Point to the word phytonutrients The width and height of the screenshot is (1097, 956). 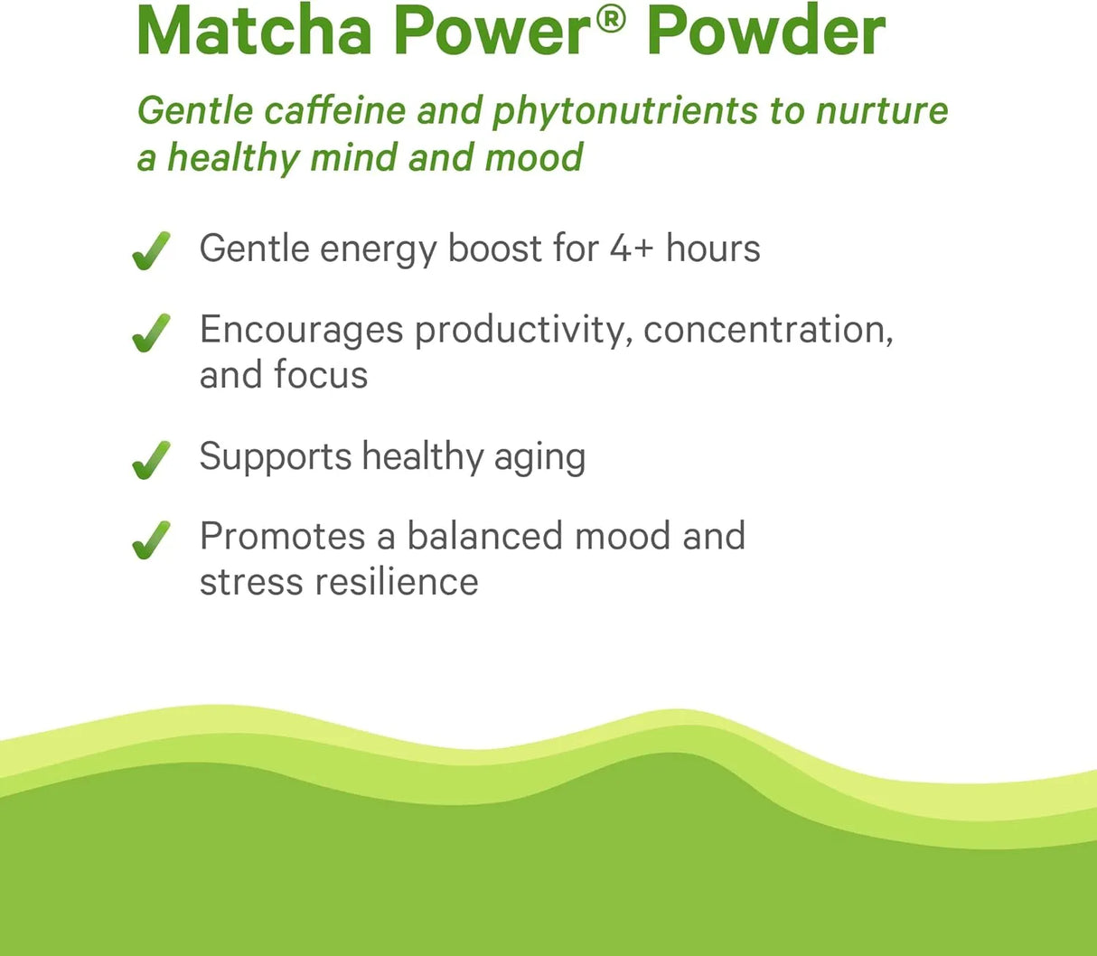point(625,111)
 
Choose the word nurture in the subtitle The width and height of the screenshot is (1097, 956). point(882,111)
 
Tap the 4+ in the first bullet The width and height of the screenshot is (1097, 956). point(631,248)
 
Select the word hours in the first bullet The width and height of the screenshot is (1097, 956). point(713,248)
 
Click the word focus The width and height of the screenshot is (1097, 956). point(321,375)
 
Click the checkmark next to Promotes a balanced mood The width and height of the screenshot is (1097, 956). point(151,539)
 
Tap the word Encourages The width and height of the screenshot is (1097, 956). point(301,331)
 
